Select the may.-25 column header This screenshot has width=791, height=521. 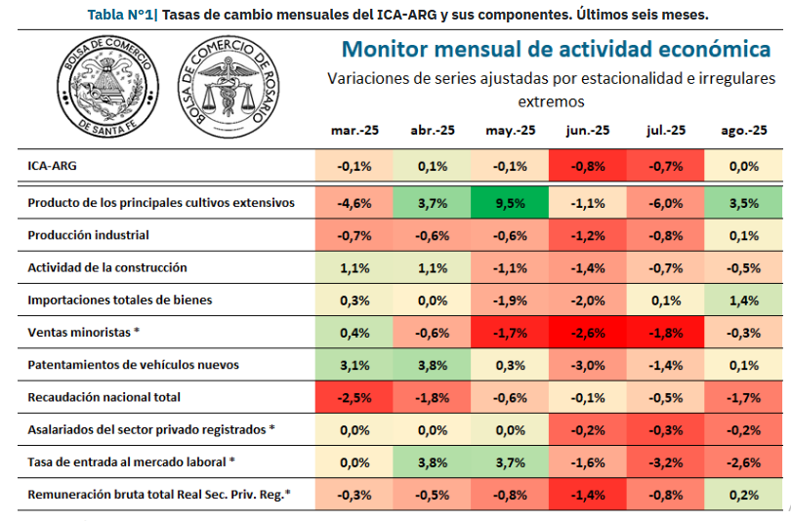510,130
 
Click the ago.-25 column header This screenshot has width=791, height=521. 743,130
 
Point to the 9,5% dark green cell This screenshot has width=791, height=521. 510,203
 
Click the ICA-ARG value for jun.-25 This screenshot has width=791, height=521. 588,166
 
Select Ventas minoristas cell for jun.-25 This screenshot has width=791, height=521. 588,333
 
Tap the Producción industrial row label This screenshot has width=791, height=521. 88,235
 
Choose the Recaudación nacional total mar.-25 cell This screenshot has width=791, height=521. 353,397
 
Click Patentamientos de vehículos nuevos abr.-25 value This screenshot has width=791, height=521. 432,365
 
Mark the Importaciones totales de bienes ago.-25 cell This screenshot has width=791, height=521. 743,300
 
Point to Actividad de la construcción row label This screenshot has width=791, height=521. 106,267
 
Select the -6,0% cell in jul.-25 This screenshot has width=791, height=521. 666,203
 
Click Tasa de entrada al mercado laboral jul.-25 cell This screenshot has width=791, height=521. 666,461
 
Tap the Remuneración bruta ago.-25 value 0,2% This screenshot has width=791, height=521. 743,494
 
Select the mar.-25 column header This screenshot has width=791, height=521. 353,130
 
